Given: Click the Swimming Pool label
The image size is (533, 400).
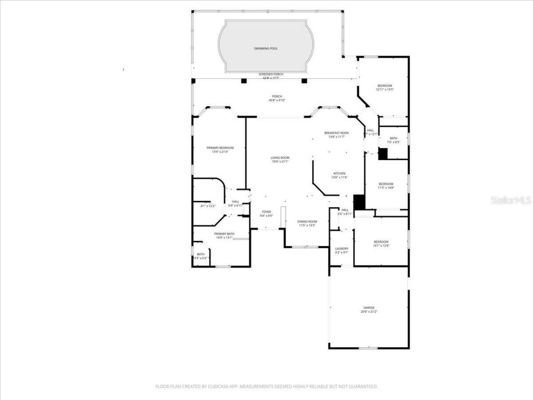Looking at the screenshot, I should point(266,49).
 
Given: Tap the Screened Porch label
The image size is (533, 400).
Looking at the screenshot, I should point(271,74).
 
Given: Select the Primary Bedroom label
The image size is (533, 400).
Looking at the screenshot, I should point(220,148).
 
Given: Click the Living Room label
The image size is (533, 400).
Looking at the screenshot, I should point(280,157).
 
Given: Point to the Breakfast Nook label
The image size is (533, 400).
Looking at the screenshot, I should point(336,133).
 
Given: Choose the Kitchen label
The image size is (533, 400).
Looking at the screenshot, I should point(339,173).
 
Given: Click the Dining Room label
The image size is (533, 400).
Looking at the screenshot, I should point(307,221).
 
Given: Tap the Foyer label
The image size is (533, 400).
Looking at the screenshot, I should point(266,212).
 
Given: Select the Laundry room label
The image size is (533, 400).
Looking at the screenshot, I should point(341,248).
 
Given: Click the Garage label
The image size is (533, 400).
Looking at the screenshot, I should point(369,307).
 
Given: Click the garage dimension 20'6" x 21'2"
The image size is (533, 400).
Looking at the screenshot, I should point(369,312).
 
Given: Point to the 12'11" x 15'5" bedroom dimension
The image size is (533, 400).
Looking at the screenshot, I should point(385,90).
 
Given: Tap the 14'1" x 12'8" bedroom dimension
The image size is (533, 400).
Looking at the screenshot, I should point(381,246).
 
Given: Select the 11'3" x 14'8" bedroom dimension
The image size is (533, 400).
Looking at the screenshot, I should point(386,188).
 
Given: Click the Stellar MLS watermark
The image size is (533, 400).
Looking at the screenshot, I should point(511,200).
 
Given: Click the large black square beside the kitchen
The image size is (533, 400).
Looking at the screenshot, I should point(359,202).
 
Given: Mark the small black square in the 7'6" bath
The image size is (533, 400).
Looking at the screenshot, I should point(383,154).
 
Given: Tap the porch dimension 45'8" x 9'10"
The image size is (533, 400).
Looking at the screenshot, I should point(277,100).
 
